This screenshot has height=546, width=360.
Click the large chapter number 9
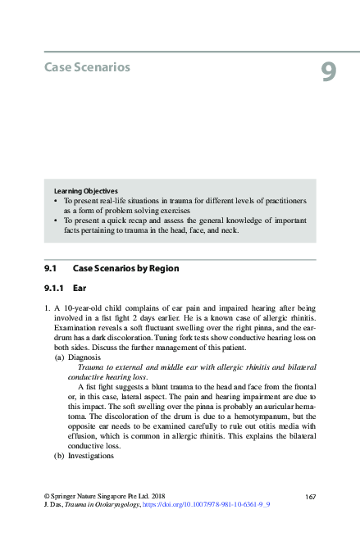[328, 73]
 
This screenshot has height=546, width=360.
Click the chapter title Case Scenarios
[87, 66]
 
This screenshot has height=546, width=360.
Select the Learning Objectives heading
[85, 191]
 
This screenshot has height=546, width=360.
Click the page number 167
[310, 497]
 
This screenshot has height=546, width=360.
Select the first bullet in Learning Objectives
[56, 200]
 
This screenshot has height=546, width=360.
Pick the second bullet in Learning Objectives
[56, 221]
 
